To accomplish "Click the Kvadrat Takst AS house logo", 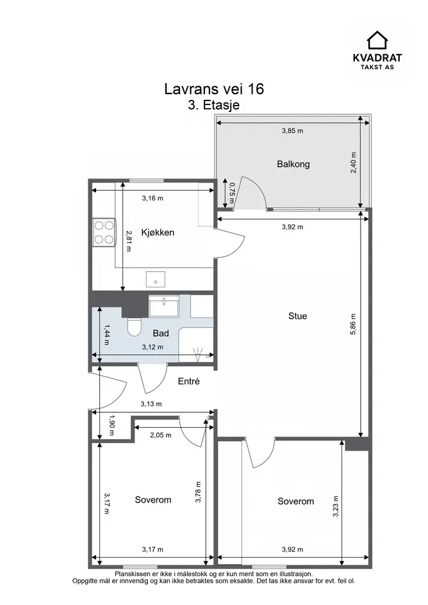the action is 377,40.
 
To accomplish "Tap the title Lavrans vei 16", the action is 214,89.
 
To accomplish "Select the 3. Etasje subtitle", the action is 213,105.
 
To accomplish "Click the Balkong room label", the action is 293,164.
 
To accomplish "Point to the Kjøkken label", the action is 158,232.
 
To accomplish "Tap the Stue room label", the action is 297,316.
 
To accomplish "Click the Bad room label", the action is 161,333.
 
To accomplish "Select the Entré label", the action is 188,381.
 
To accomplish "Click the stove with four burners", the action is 104,232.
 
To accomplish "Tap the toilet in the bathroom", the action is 134,327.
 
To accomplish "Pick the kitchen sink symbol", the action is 156,279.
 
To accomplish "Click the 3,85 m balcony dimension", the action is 292,131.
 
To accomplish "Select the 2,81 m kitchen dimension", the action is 129,241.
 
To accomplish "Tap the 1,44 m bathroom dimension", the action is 107,334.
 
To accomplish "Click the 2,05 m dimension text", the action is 161,435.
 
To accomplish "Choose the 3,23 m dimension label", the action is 336,506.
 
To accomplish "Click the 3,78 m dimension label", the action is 198,492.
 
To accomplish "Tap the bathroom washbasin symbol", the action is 164,305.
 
